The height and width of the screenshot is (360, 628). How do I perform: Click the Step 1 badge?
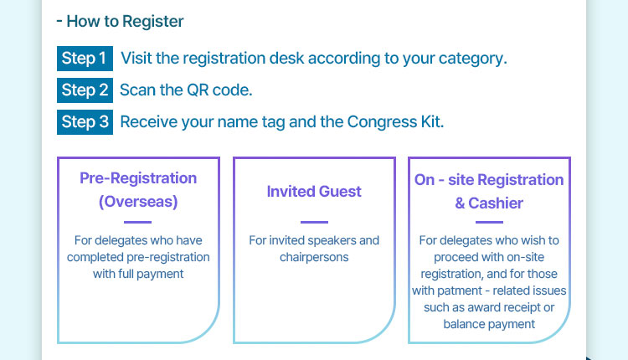click(85, 59)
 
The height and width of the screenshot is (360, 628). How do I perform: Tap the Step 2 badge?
click(85, 90)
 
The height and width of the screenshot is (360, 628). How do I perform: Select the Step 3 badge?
click(85, 121)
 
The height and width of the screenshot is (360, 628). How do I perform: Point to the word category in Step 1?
click(472, 59)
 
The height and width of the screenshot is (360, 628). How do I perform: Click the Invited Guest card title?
click(314, 192)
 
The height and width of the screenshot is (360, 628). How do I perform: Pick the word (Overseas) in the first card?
click(138, 202)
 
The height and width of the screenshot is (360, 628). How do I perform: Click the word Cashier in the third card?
click(496, 203)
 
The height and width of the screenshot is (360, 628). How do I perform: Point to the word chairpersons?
click(314, 257)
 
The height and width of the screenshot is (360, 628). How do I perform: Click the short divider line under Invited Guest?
click(314, 222)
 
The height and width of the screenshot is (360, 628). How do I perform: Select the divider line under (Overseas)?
click(138, 222)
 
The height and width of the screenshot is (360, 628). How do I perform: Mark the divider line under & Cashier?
click(490, 222)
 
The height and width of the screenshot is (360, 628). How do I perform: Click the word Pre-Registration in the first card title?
click(138, 178)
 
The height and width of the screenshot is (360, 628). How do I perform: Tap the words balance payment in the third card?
click(489, 324)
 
